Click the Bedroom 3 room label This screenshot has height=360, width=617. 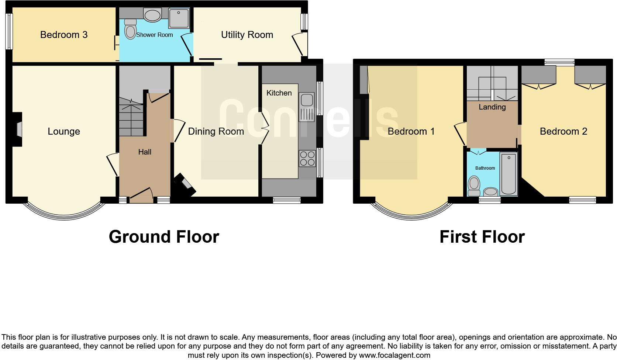click(x=64, y=35)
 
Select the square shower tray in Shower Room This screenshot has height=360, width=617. click(x=179, y=18)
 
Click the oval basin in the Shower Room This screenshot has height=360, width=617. click(x=152, y=15)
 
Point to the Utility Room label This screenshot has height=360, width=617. click(x=247, y=35)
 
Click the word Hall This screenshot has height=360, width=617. click(x=145, y=152)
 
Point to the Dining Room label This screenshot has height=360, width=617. click(x=216, y=131)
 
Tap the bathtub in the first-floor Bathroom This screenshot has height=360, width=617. click(x=509, y=174)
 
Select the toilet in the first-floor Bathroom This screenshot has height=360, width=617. click(x=473, y=186)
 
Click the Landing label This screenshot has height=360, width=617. click(x=492, y=107)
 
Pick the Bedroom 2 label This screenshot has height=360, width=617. click(x=563, y=131)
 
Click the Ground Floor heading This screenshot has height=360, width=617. click(x=164, y=236)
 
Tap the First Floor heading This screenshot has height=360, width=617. click(x=482, y=236)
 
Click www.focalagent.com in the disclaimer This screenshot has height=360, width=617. click(x=394, y=356)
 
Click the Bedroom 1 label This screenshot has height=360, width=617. click(x=411, y=131)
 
